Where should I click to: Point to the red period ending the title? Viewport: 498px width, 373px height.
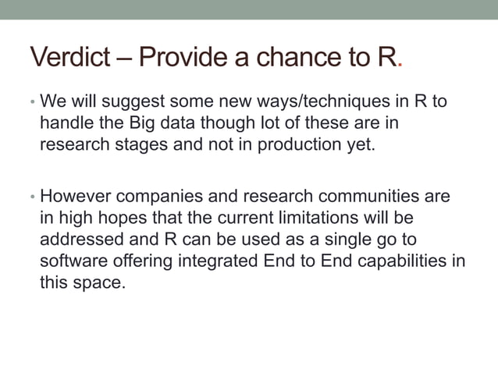click(x=400, y=64)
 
